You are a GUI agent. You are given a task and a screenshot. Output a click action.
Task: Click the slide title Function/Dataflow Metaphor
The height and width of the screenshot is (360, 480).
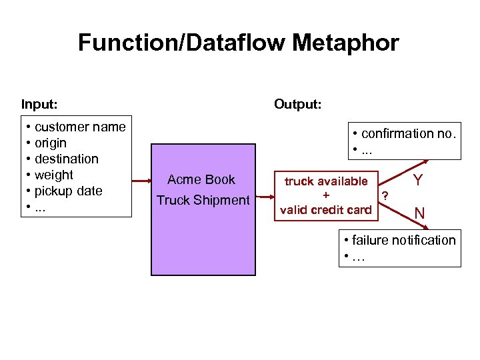point(239,43)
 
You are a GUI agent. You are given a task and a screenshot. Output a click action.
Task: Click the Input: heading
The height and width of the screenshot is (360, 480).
point(39,104)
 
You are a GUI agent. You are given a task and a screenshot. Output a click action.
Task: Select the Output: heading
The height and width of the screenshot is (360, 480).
point(297,104)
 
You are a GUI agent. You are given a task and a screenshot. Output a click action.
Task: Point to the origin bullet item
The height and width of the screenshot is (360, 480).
point(50,143)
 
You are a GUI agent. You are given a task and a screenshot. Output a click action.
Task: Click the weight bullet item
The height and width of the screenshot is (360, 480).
point(53,175)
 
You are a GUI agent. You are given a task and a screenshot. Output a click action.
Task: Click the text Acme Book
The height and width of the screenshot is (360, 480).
point(201,179)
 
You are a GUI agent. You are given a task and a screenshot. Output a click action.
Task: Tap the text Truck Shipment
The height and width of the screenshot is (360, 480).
point(203,200)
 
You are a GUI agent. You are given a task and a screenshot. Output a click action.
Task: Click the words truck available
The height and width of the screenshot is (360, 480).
point(326,181)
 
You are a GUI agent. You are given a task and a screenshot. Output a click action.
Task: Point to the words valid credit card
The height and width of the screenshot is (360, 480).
point(326,210)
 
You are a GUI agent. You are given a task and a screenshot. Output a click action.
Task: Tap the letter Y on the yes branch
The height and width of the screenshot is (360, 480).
point(417,180)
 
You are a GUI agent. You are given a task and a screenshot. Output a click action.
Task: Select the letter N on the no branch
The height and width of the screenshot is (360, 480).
point(419,213)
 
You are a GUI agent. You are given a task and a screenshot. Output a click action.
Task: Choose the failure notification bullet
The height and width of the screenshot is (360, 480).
point(403,240)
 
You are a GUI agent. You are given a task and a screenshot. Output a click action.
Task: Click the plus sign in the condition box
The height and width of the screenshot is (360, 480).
point(326,195)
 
